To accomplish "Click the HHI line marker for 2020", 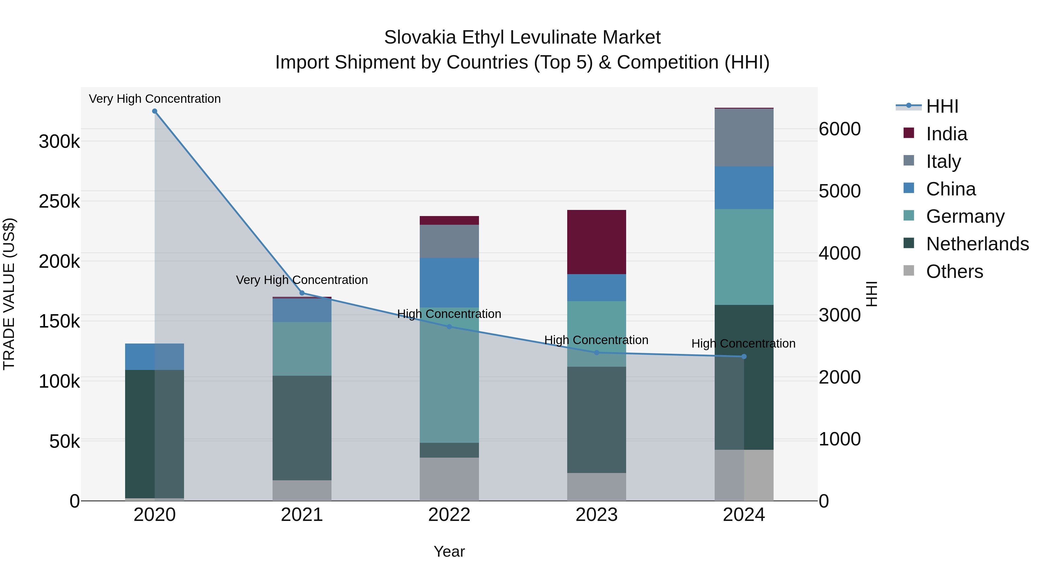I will (154, 111).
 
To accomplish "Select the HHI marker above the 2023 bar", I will (596, 353).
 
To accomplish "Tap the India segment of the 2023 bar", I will (596, 242).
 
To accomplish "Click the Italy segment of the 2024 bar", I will (744, 138).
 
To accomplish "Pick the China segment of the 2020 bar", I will (154, 357).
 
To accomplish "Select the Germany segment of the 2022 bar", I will (449, 375).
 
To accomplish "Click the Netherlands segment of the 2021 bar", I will (302, 428).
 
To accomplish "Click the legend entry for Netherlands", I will (977, 244).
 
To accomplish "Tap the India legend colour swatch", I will (909, 133).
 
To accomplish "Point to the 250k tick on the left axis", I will (59, 201).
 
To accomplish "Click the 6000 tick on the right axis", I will (839, 129).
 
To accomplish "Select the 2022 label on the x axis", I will (449, 515).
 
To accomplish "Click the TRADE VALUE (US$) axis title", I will (9, 294).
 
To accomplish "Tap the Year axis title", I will (449, 551).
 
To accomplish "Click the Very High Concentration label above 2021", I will (302, 280).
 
